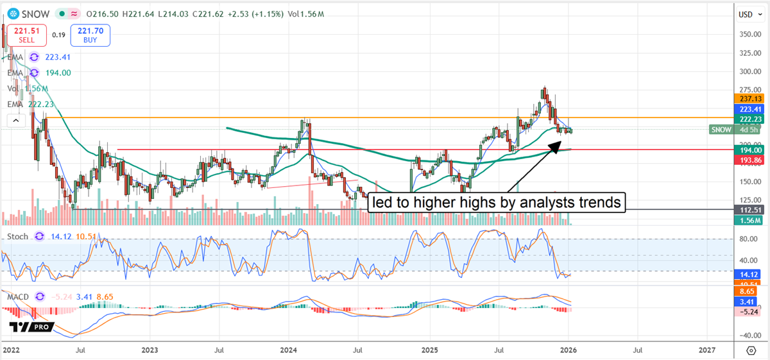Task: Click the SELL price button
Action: click(24, 35)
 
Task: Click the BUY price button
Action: click(90, 35)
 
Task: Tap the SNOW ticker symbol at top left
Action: click(35, 13)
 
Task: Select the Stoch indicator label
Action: click(17, 236)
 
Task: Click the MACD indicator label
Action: click(19, 296)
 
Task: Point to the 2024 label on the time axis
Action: click(288, 350)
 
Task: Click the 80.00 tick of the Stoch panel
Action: click(748, 239)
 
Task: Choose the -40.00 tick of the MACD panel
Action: click(748, 335)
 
